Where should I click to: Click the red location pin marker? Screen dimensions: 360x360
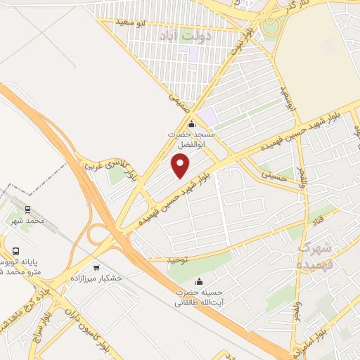click(x=181, y=166)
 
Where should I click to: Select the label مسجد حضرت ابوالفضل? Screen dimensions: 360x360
click(x=191, y=137)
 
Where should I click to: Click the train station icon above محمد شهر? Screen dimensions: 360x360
click(x=27, y=210)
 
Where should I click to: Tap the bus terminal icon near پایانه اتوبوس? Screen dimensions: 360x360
click(x=15, y=250)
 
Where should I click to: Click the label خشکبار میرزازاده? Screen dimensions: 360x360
click(x=96, y=278)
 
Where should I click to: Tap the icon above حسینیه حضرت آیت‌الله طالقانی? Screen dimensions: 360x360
click(x=199, y=282)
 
